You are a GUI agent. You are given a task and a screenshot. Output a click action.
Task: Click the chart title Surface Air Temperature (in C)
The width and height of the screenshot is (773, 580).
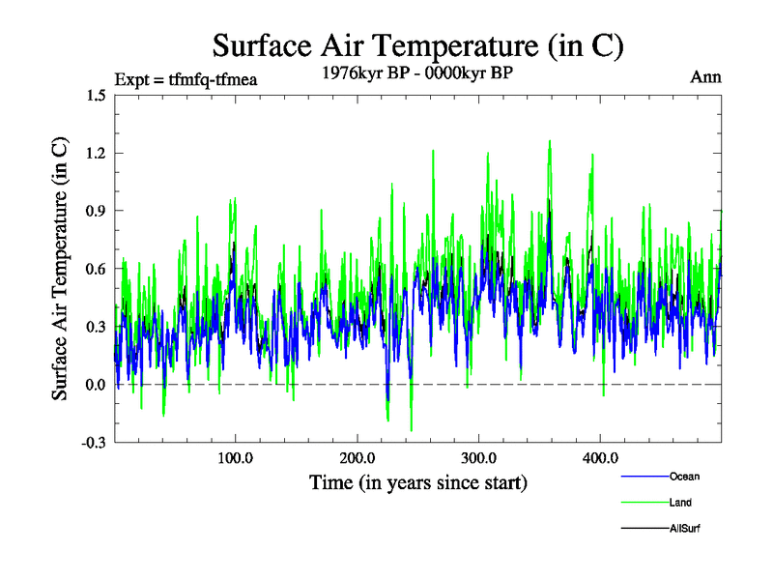point(418,46)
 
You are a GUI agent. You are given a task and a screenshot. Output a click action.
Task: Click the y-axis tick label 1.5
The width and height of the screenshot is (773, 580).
point(96,95)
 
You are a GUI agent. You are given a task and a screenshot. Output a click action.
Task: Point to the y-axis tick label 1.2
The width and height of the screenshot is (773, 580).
point(96,153)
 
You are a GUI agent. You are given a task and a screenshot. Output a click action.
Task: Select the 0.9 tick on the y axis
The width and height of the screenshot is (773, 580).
point(96,211)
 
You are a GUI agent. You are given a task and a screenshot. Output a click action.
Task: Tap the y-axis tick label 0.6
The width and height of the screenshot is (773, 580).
point(96,269)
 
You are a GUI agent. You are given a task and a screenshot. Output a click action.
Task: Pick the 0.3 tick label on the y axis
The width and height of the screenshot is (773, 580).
point(96,327)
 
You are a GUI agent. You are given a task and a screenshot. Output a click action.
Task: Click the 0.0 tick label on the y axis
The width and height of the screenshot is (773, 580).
point(96,385)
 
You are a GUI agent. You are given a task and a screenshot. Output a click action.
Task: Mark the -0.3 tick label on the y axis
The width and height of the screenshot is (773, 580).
point(94,443)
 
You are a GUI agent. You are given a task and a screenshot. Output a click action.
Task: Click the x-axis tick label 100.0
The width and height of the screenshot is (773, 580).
point(236,458)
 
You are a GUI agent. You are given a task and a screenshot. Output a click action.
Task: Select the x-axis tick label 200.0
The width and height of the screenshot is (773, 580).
point(358,458)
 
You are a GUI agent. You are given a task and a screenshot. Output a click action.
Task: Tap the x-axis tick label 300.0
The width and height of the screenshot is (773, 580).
point(479,458)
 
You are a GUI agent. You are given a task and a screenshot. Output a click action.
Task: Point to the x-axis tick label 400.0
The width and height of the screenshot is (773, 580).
point(600,458)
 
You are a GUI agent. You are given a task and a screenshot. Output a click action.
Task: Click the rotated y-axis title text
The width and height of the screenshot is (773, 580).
point(60,269)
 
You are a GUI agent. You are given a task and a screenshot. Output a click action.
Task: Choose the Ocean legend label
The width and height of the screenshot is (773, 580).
point(684,477)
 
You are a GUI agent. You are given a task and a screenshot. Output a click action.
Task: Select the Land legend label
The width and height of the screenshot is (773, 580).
point(680,503)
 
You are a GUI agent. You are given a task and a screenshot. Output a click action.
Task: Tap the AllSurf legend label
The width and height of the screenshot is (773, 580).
point(684,529)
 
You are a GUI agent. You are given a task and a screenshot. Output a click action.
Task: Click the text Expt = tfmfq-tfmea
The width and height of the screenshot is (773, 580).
point(186,78)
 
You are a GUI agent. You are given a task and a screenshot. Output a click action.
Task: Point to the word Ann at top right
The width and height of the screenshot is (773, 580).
point(705,76)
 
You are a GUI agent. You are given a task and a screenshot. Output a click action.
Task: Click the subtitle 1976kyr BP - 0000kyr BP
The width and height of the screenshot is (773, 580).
point(418,72)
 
